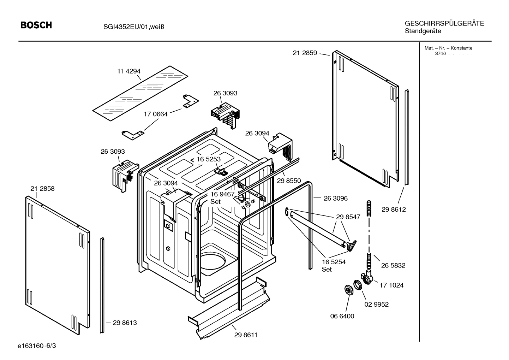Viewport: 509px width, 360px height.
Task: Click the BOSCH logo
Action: (x=36, y=25)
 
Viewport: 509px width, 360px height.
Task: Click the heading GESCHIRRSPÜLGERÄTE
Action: (x=444, y=24)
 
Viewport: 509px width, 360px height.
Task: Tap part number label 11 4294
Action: (x=129, y=71)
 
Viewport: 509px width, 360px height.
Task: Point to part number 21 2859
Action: (x=305, y=53)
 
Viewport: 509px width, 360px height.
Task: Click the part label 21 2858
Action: (x=42, y=189)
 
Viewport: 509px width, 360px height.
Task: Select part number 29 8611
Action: (x=246, y=335)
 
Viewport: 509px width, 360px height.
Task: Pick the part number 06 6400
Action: (x=342, y=316)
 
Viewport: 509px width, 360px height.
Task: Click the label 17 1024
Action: (x=391, y=285)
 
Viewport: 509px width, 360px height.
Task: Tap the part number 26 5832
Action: (x=393, y=265)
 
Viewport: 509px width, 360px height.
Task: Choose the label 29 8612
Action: (x=394, y=209)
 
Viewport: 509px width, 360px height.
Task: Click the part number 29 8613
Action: (x=125, y=323)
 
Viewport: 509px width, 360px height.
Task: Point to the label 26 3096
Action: (x=335, y=199)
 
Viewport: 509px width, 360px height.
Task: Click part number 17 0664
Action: (x=156, y=114)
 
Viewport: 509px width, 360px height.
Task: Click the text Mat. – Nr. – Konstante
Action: (x=448, y=48)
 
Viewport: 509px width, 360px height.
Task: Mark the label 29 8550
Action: (x=289, y=181)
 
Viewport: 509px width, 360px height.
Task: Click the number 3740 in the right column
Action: (x=440, y=54)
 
